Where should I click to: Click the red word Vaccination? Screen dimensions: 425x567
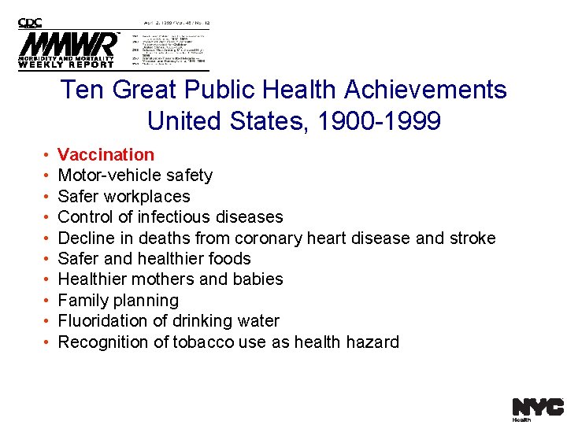pos(106,154)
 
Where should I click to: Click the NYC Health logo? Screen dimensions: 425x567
pos(537,408)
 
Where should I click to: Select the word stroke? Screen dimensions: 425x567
pos(472,238)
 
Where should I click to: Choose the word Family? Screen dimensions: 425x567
pos(83,300)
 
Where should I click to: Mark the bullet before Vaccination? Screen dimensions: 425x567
pos(47,155)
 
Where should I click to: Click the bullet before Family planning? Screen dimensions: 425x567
pos(47,301)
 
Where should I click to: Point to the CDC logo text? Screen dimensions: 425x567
pos(31,23)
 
